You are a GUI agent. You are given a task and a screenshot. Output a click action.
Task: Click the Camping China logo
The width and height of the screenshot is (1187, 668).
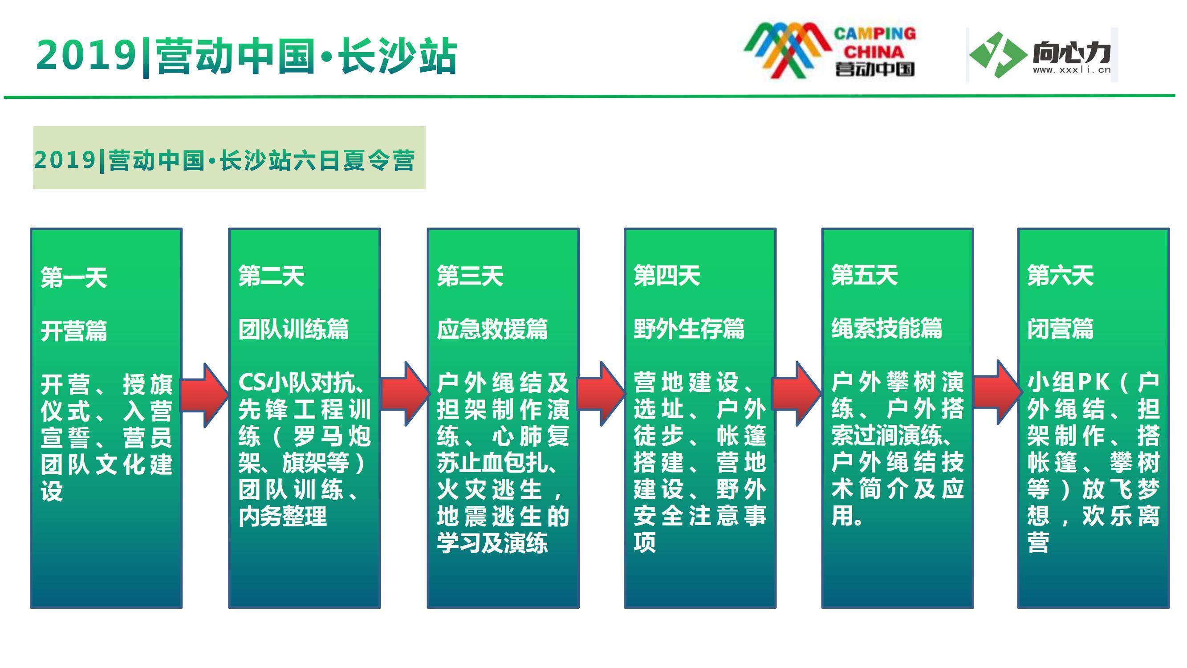[x=830, y=50]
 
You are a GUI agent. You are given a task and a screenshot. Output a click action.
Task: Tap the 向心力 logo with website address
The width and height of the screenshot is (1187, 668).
[x=1042, y=55]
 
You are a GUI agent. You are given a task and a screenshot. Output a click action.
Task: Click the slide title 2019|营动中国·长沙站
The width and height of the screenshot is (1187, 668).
[x=247, y=56]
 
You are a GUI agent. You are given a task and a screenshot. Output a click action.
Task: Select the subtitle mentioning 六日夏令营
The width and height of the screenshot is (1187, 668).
[x=224, y=160]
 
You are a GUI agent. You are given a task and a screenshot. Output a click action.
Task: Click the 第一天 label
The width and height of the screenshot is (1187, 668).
[x=74, y=277]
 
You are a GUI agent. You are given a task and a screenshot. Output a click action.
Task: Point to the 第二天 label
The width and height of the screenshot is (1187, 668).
[x=272, y=276]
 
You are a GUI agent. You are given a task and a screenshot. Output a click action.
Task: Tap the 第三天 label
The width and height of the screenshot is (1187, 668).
[x=470, y=276]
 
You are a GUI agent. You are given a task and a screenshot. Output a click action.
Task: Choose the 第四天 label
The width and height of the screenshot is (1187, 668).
[x=667, y=276]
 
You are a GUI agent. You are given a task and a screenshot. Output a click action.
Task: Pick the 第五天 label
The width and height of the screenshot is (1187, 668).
[x=865, y=276]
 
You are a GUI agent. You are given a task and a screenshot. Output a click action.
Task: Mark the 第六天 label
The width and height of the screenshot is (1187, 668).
[x=1060, y=276]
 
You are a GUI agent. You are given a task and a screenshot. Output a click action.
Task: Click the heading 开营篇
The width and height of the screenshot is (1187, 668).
[x=74, y=330]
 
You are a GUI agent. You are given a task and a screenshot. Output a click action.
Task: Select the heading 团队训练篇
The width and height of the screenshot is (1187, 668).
[x=293, y=329]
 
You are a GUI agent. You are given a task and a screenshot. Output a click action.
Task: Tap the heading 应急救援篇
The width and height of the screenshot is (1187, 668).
[x=492, y=329]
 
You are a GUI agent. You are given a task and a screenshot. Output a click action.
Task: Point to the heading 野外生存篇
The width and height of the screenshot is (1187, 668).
[x=689, y=329]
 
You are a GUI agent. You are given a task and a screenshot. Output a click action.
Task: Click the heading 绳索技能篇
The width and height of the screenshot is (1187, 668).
[x=886, y=329]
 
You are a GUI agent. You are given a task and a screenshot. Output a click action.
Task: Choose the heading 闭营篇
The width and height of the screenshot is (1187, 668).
[x=1060, y=329]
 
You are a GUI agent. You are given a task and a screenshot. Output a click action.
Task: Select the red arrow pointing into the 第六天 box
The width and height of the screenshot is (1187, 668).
[x=997, y=392]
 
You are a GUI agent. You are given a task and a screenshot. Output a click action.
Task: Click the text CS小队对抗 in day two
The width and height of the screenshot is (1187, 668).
[x=297, y=382]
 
